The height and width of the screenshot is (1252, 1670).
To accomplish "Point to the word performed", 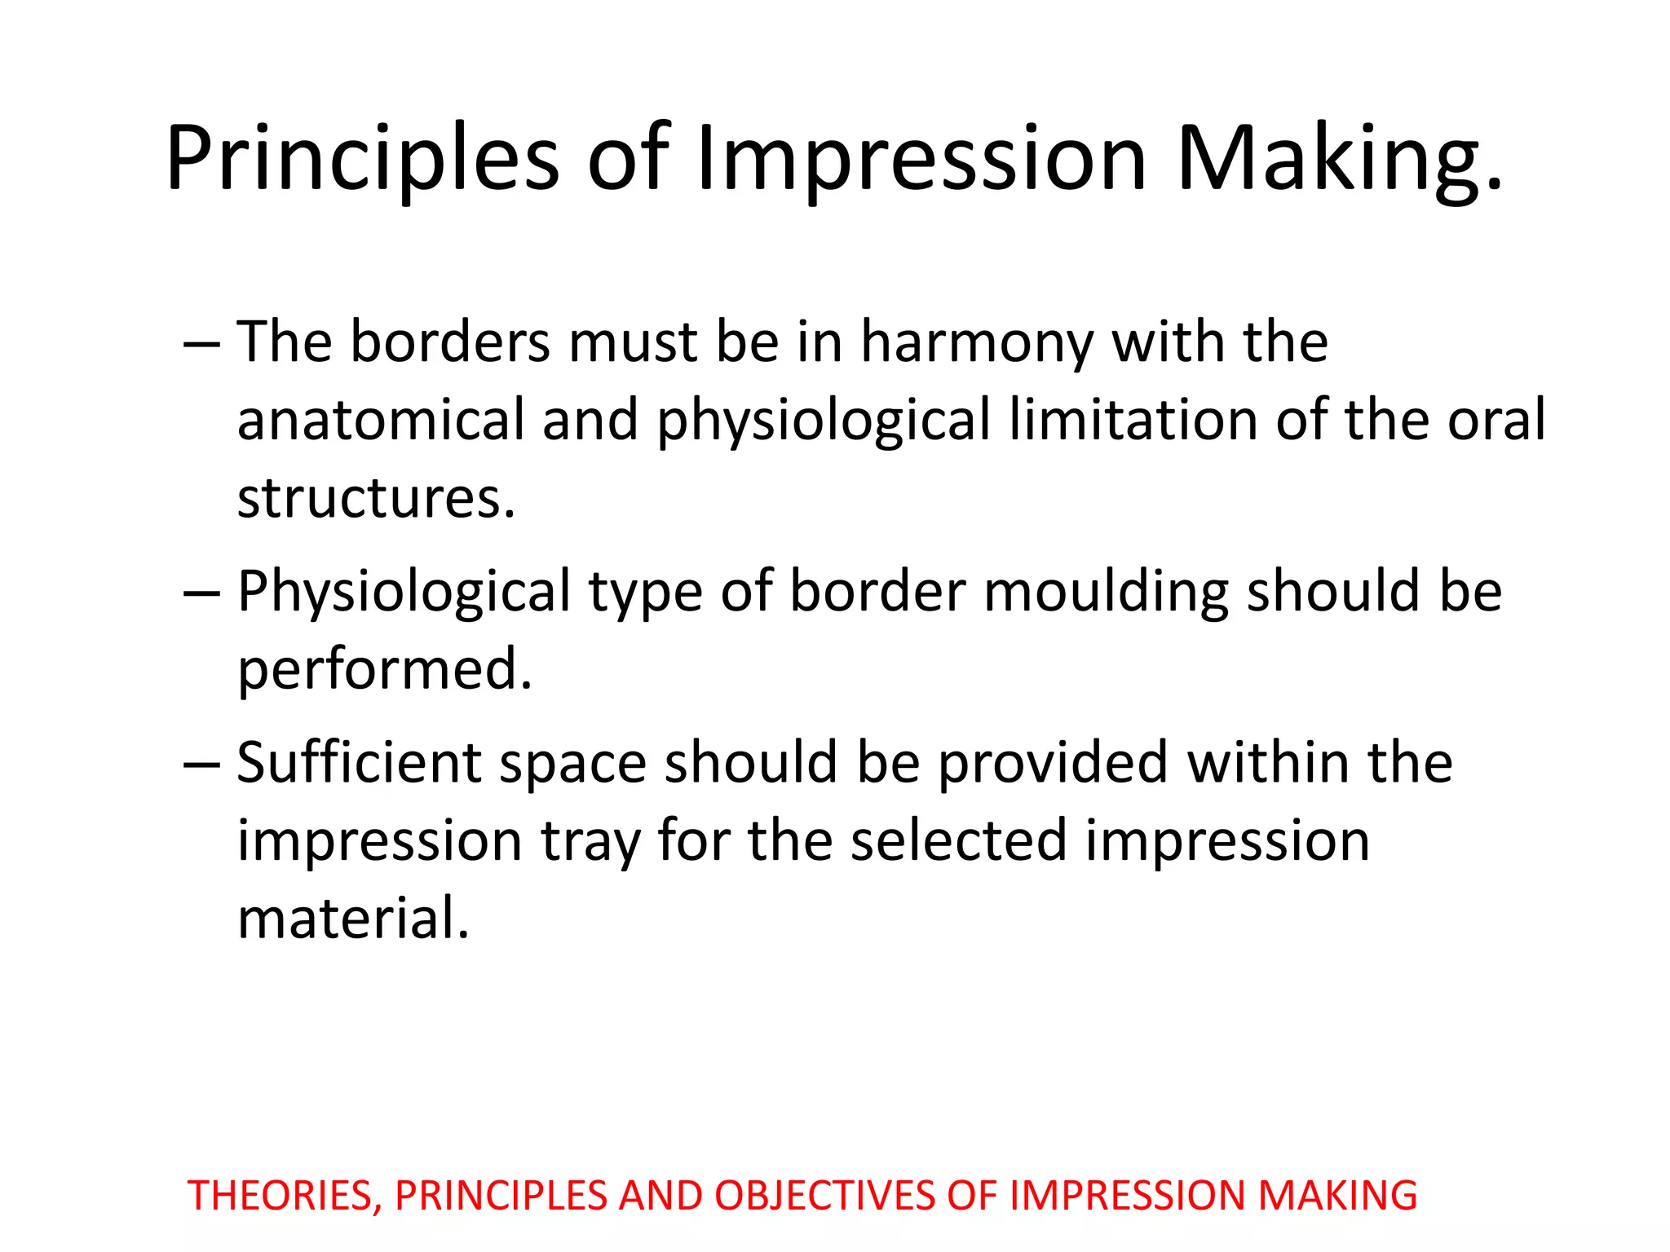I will [384, 668].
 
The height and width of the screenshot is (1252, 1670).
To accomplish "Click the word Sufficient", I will [359, 763].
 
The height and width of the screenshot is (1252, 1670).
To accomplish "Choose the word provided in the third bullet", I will [1053, 763].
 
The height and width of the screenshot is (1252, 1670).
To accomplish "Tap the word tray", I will [590, 841].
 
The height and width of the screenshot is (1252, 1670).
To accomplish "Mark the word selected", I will [958, 841].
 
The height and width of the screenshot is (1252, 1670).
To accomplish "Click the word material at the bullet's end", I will [352, 919].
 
